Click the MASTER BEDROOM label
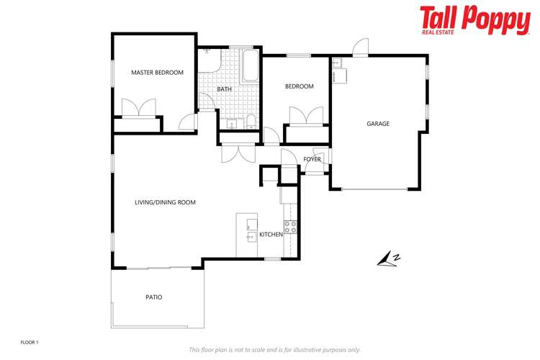(157, 73)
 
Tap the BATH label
(225, 89)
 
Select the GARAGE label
(378, 124)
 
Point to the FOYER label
(312, 159)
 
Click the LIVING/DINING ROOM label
(165, 202)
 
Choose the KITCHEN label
(271, 235)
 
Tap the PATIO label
(154, 296)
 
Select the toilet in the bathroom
(249, 120)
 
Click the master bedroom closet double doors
(137, 109)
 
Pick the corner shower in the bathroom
(210, 59)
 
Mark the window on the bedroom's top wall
(298, 55)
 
